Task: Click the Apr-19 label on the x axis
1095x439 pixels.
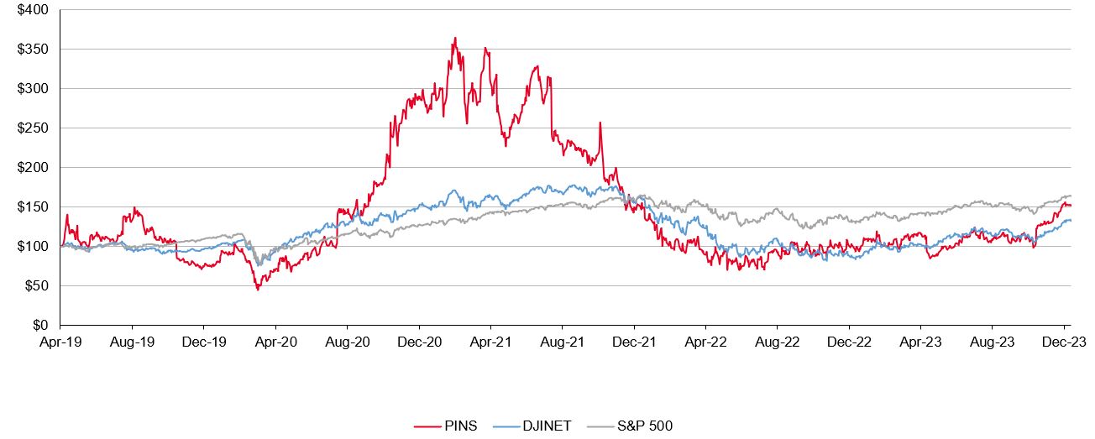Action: [x=60, y=342]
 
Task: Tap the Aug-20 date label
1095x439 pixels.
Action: [x=348, y=342]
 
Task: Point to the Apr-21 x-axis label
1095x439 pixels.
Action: [x=490, y=342]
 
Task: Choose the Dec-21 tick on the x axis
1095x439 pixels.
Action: [x=634, y=342]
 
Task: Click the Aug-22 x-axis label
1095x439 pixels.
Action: [x=778, y=342]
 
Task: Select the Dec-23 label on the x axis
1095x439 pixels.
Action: [x=1064, y=342]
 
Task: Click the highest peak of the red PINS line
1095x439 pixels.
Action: [x=454, y=38]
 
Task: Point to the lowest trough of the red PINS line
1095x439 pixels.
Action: [x=258, y=290]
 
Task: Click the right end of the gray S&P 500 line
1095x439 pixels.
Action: [x=1071, y=196]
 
